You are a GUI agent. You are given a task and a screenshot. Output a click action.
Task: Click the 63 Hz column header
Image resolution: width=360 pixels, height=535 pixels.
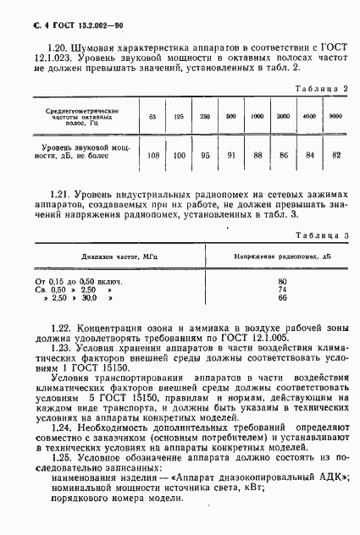pos(152,116)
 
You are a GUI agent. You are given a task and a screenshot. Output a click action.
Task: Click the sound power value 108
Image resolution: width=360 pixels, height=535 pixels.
pos(153,155)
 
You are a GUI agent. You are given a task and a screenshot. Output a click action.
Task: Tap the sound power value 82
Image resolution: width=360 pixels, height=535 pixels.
pos(335,155)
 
